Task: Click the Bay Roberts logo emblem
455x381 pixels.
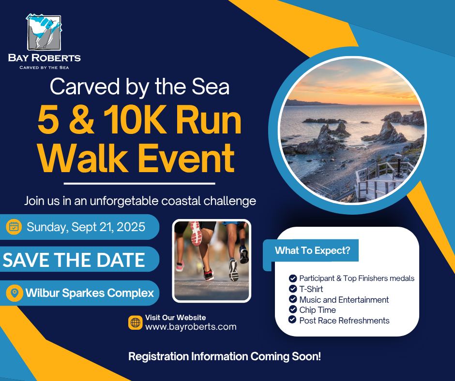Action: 44,32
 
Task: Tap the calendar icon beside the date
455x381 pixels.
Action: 14,227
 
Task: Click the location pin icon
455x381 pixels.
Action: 15,293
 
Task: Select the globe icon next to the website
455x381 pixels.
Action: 136,322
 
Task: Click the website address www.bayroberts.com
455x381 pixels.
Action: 191,327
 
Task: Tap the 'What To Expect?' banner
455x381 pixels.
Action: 313,250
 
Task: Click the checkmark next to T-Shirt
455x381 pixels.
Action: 293,289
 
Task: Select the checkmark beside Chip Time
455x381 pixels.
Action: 293,309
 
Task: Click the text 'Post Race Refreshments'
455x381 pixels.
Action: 344,321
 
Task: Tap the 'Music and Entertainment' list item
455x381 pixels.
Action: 344,299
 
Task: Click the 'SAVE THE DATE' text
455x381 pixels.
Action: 74,260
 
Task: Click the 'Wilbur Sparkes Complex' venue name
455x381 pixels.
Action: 90,293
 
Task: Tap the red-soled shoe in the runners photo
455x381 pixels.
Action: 196,234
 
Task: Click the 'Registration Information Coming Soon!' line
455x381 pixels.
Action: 225,356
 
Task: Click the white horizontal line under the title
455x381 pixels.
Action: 139,184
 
